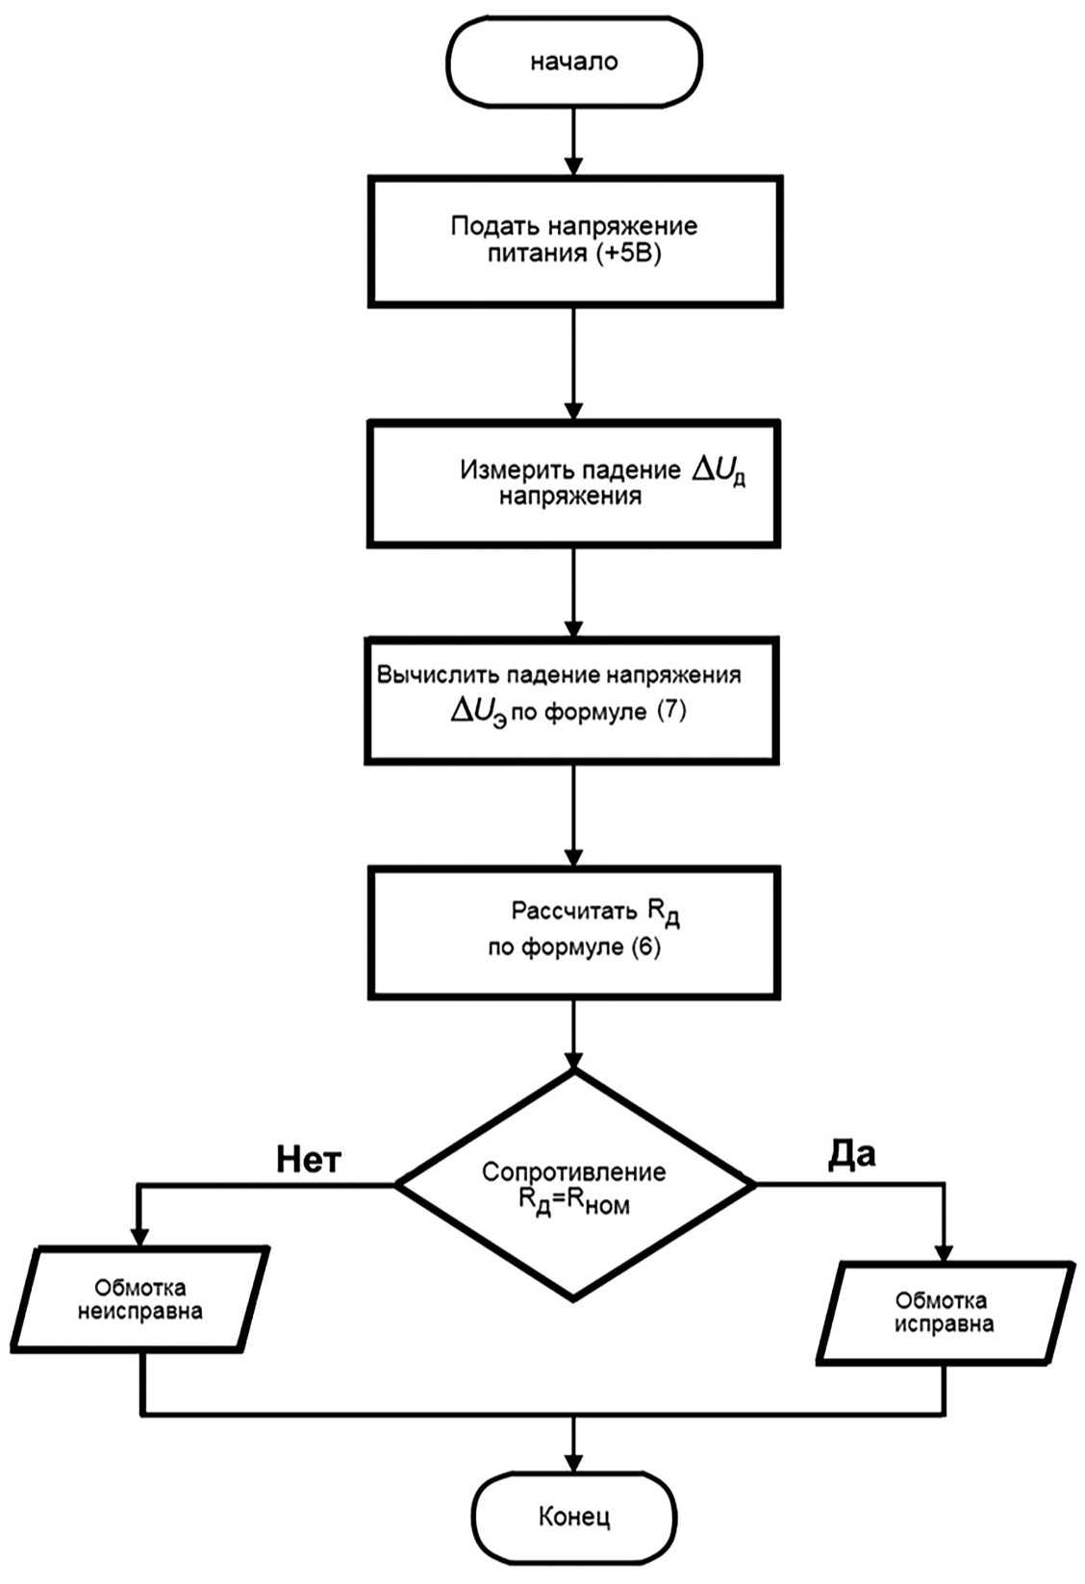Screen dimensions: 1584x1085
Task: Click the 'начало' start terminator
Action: tap(574, 63)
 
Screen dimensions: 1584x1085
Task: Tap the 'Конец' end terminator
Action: tap(574, 1517)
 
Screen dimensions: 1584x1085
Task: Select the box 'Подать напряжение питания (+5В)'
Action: tap(574, 241)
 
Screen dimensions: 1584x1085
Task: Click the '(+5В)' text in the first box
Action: tap(629, 256)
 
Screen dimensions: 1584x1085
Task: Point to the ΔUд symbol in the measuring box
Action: tap(719, 471)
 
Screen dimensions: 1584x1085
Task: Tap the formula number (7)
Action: tap(670, 713)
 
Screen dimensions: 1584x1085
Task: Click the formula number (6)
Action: tap(645, 946)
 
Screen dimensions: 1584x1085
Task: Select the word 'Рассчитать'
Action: tap(573, 910)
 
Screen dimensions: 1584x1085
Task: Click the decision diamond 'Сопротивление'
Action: tap(574, 1184)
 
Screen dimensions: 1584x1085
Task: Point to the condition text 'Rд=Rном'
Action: tap(573, 1204)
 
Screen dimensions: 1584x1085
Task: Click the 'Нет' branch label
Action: tap(309, 1160)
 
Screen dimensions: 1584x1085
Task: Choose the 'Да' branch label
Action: tap(851, 1154)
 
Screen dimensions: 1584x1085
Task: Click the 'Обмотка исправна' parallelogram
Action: tap(944, 1313)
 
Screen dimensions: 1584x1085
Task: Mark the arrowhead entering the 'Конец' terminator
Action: tap(574, 1461)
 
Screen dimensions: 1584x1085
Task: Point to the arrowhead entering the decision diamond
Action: tap(574, 1060)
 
